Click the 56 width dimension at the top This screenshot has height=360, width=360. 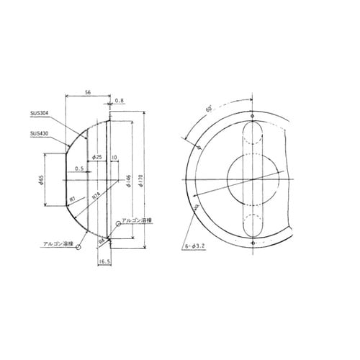point(86,93)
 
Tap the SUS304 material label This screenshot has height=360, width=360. point(40,114)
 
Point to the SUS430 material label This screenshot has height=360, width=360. point(40,133)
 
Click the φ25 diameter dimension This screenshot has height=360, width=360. point(97,157)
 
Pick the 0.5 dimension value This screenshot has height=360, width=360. point(78,169)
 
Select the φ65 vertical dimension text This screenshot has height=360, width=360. point(42,179)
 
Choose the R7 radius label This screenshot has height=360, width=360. point(73,198)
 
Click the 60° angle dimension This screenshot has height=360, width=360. point(208,108)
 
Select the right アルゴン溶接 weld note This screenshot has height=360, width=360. point(136,221)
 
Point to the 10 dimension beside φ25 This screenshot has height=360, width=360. point(114,157)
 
